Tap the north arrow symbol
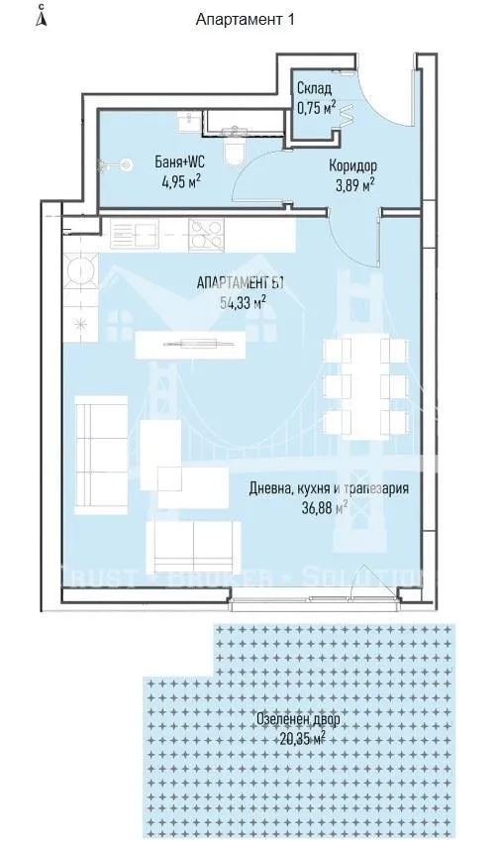39,17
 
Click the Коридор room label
352,165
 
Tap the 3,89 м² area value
352,184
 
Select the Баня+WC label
178,161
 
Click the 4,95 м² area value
179,180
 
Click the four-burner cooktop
209,235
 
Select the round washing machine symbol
80,268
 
